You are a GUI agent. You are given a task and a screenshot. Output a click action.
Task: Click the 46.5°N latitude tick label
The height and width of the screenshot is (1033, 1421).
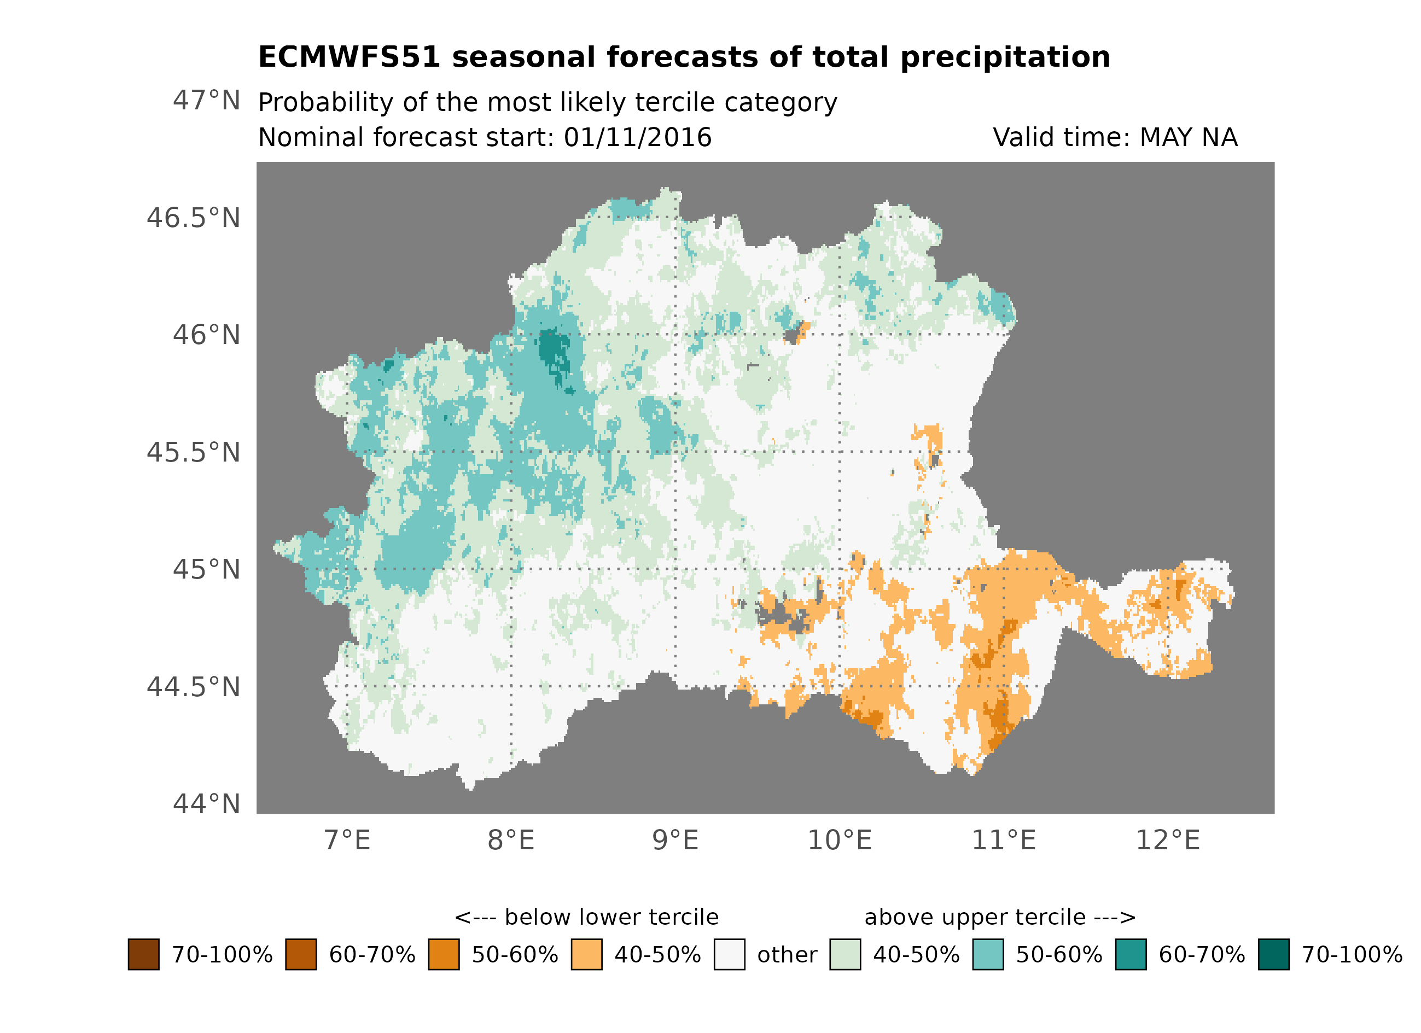point(193,219)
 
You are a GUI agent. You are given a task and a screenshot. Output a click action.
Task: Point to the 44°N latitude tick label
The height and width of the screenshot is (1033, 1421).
point(206,804)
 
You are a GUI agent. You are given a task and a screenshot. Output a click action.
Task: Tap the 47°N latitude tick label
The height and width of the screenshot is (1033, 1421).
point(206,101)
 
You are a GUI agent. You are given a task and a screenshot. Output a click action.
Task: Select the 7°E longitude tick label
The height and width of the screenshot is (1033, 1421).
point(347,841)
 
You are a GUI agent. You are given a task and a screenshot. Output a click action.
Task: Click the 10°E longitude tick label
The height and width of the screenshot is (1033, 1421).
point(840,841)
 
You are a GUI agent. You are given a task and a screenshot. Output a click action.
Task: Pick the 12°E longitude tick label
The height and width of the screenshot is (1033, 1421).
point(1168,841)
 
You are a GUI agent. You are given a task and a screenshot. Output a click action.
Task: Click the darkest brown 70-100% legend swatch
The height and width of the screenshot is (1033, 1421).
point(143,955)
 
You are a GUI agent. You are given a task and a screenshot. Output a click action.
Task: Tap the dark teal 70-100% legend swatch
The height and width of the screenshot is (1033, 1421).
point(1274,955)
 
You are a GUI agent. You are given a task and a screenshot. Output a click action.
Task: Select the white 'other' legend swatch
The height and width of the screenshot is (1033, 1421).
point(729,955)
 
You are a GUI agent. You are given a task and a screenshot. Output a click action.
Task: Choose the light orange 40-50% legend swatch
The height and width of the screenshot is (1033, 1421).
point(586,955)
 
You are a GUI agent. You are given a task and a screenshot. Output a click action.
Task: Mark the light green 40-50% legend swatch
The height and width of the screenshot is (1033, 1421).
point(845,955)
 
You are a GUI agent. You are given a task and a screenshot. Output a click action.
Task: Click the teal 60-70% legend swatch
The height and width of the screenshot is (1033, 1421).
point(1131,955)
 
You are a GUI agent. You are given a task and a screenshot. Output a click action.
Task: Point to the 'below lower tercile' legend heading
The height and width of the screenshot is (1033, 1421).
point(586,918)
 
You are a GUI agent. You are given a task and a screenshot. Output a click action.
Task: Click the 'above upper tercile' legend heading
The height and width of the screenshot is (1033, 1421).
point(1000,918)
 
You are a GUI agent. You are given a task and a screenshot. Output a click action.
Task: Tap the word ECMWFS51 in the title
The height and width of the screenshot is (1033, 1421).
point(350,57)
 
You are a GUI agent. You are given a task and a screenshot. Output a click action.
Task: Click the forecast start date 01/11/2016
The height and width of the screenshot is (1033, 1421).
point(638,138)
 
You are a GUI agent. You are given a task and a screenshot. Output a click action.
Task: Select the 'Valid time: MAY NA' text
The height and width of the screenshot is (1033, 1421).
point(1115,138)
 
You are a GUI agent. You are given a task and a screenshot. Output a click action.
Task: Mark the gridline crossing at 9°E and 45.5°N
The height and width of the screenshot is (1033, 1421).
point(675,452)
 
